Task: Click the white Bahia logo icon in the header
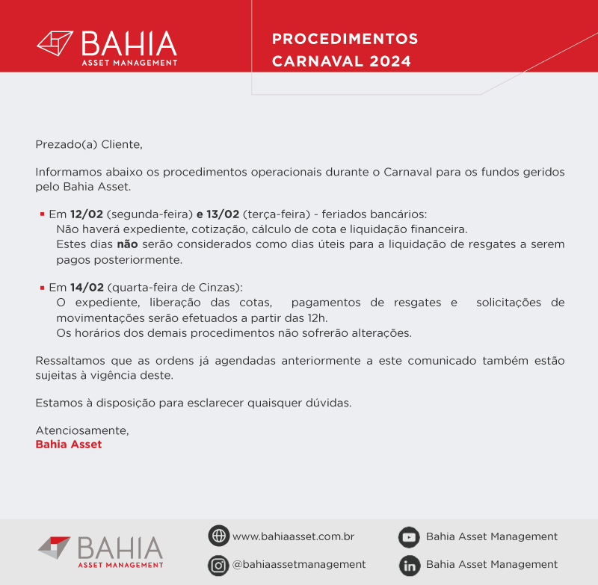tap(55, 43)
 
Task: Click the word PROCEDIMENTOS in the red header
tap(345, 39)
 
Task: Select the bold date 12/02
tap(87, 214)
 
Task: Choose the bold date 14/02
tap(87, 287)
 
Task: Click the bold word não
tap(128, 244)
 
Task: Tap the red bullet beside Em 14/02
tap(42, 287)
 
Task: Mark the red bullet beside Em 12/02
tap(42, 214)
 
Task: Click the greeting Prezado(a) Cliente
tap(88, 143)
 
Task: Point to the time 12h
tap(317, 318)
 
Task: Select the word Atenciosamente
tap(82, 430)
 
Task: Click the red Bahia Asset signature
tap(69, 445)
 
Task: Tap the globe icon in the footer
tap(218, 536)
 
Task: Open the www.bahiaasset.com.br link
tap(293, 536)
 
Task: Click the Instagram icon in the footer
tap(218, 565)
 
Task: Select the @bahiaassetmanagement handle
tap(299, 565)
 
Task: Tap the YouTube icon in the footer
tap(409, 536)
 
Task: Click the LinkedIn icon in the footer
tap(409, 565)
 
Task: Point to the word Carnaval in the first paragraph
tap(410, 172)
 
